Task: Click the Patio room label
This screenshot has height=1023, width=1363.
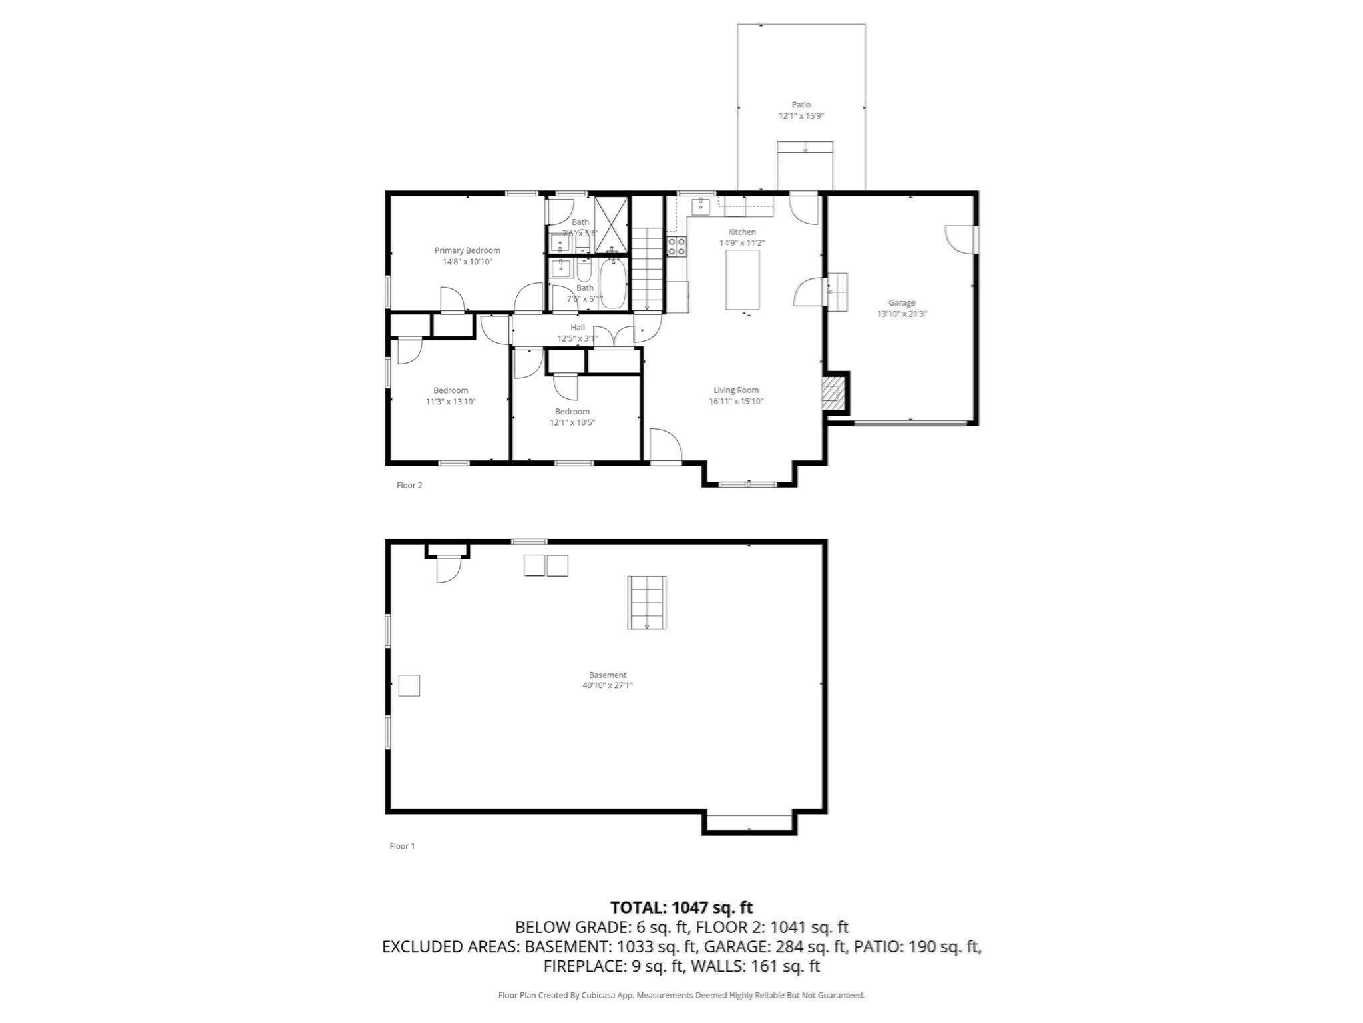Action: coord(801,105)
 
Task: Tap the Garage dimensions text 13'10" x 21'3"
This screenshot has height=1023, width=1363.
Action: coord(902,314)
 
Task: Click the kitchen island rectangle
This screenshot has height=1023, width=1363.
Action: coord(742,281)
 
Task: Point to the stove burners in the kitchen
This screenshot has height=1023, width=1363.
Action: coord(677,246)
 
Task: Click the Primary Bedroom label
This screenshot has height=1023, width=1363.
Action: coord(467,250)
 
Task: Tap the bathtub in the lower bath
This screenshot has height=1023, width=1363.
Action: coord(612,284)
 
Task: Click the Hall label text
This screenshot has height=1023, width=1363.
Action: coord(578,328)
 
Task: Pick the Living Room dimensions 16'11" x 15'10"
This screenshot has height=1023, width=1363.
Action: coord(735,401)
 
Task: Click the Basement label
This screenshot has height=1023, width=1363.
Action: coord(608,675)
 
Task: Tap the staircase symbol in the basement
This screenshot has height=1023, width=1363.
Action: coord(647,603)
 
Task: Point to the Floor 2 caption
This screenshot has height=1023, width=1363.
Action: coord(409,485)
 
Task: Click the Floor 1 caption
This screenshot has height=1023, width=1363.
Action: coord(402,846)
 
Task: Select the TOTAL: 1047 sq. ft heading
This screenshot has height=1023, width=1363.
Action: coord(681,907)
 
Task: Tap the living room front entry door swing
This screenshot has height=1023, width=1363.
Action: coord(665,445)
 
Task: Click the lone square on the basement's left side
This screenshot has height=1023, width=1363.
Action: coord(409,685)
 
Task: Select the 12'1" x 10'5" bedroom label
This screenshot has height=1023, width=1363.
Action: coord(572,422)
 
